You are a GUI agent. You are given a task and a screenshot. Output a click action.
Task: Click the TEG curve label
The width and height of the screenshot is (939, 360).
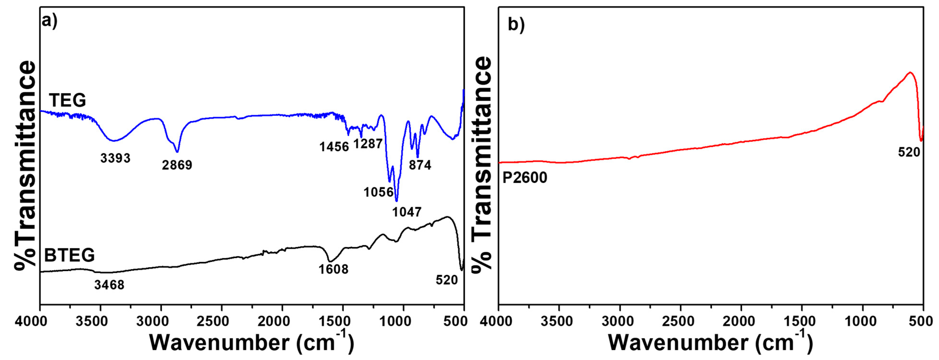[x=67, y=100]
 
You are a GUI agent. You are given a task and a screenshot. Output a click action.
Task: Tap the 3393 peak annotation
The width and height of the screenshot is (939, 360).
[x=115, y=158]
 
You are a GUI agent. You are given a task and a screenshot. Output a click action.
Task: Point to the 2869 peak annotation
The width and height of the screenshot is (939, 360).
[x=177, y=165]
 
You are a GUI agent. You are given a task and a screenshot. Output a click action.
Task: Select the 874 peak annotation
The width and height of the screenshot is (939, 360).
[x=420, y=165]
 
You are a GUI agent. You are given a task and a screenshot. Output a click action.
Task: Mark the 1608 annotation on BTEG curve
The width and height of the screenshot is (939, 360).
[x=333, y=269]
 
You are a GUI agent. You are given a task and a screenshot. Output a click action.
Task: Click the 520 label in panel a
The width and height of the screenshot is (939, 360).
[x=447, y=280]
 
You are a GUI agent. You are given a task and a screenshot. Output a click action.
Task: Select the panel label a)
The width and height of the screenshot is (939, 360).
[x=50, y=21]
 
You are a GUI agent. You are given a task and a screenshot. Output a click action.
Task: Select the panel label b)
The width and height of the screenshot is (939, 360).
[x=516, y=25]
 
